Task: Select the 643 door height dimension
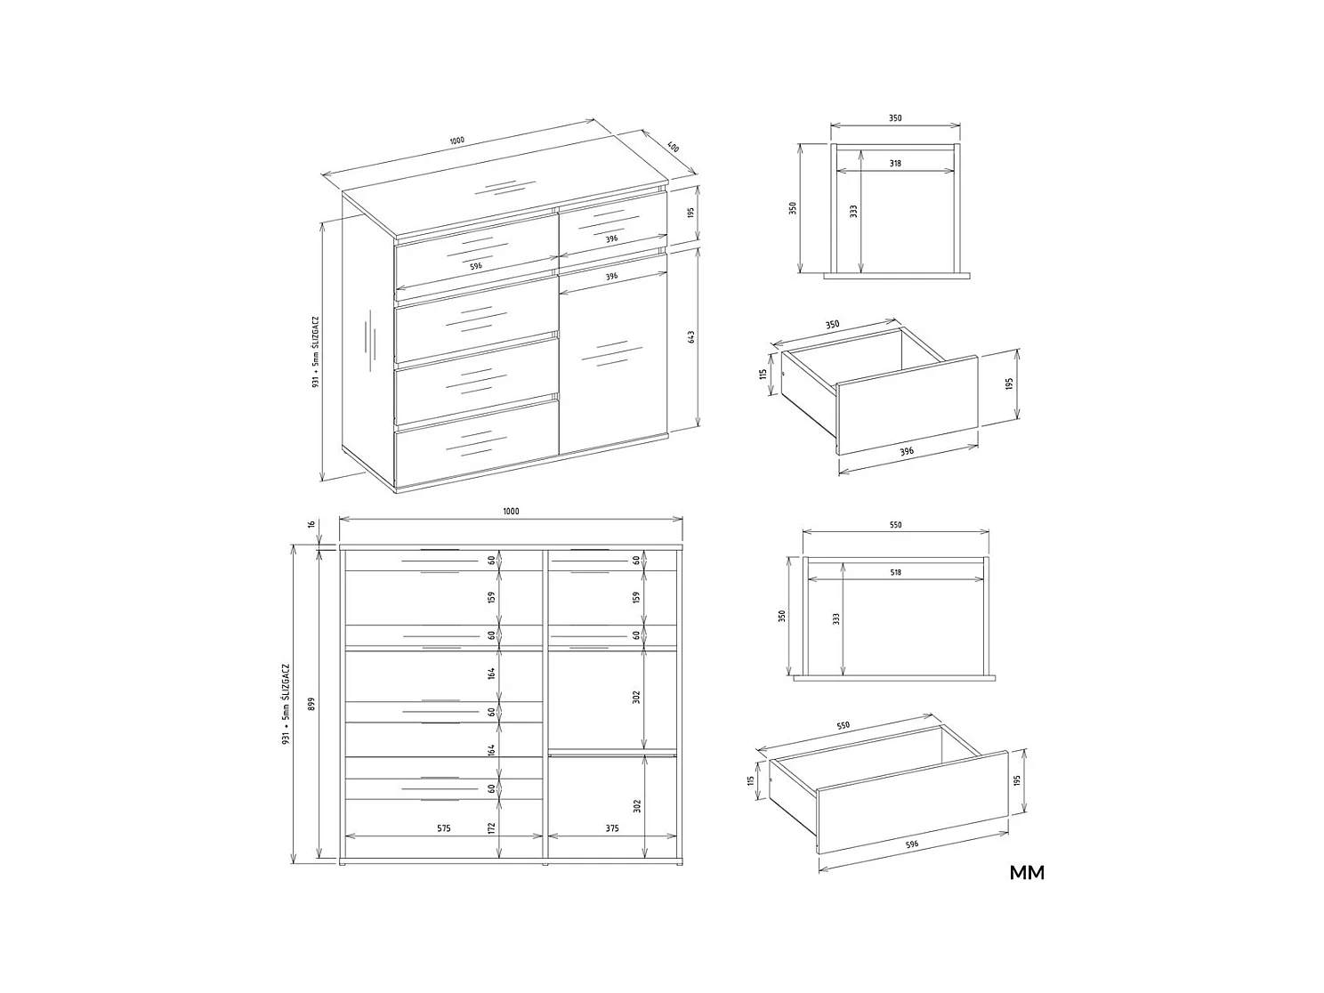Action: [x=691, y=337]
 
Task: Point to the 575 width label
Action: [x=444, y=828]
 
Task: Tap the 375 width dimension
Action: [x=612, y=828]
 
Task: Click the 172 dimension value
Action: [x=491, y=828]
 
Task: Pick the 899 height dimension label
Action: [x=311, y=703]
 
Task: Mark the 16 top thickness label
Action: [x=311, y=526]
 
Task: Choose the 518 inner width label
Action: [x=895, y=572]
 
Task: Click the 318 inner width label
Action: [x=895, y=164]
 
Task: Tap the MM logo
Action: [x=1027, y=872]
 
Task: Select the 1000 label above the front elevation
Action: [x=511, y=512]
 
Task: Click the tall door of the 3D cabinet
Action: [x=613, y=356]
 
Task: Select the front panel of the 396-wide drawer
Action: [x=907, y=405]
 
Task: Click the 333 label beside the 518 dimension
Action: [x=836, y=618]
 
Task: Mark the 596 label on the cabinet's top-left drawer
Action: [x=476, y=265]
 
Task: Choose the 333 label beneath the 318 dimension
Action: [x=854, y=212]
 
